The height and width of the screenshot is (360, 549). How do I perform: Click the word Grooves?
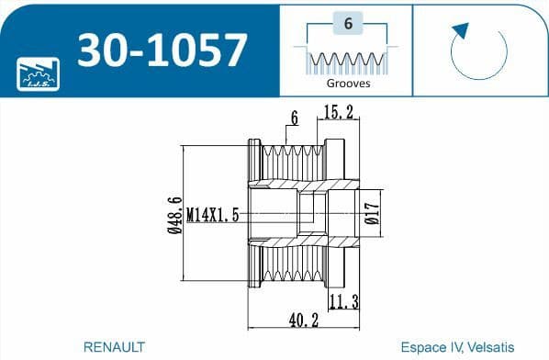pos(348,83)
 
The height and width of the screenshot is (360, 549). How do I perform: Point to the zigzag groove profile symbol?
pos(348,62)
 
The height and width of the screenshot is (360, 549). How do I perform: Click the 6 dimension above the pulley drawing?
pos(294,117)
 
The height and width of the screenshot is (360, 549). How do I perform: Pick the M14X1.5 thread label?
pos(213,215)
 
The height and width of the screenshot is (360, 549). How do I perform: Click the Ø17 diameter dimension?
pos(371,214)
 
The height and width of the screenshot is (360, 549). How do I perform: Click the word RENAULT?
pos(114,347)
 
